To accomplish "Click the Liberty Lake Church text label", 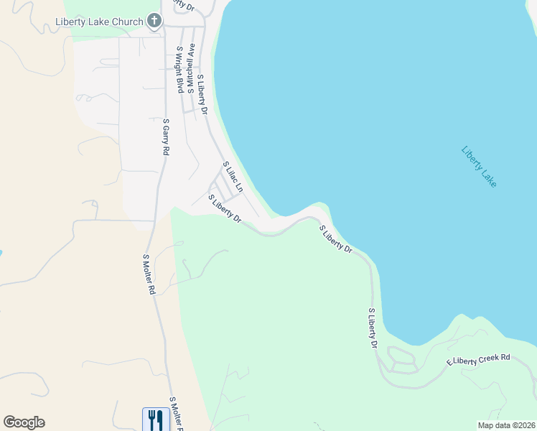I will coord(99,22).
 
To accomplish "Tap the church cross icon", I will coord(154,21).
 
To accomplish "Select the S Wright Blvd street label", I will coord(177,70).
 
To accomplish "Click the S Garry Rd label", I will coord(165,137).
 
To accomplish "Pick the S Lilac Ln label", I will coord(233,177).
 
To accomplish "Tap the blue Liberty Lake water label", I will coord(479,167).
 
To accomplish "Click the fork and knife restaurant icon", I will coord(157,418).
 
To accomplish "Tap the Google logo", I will coord(24,422).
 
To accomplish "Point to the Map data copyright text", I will coord(506,425).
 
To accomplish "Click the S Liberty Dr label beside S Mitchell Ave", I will coord(202,94).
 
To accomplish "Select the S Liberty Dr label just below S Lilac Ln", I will coord(225,208).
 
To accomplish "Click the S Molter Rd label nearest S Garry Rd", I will coord(149,275).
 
